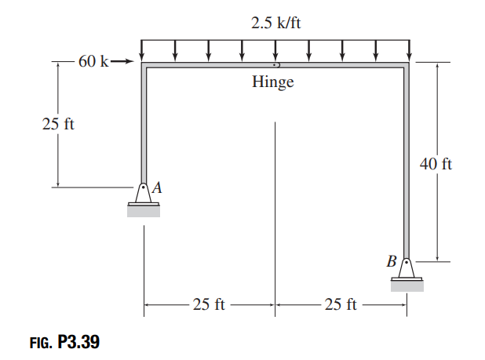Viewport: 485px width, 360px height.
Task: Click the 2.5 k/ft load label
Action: pos(275,23)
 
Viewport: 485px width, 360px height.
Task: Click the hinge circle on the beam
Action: pos(275,65)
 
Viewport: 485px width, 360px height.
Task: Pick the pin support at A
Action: pos(144,193)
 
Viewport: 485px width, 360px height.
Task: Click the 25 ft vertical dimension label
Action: pos(57,124)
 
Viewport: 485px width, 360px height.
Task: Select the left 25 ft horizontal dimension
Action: pos(209,304)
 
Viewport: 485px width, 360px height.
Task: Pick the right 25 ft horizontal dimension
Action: pos(341,304)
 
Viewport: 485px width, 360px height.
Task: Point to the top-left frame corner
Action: pos(144,65)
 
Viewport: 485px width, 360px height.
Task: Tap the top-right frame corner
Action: pos(407,65)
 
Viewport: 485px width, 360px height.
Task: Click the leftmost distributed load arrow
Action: pos(142,49)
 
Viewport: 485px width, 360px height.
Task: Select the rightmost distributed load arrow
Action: pos(408,49)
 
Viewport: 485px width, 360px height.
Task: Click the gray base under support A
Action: pos(144,210)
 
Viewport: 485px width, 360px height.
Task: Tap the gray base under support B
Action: pos(407,286)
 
